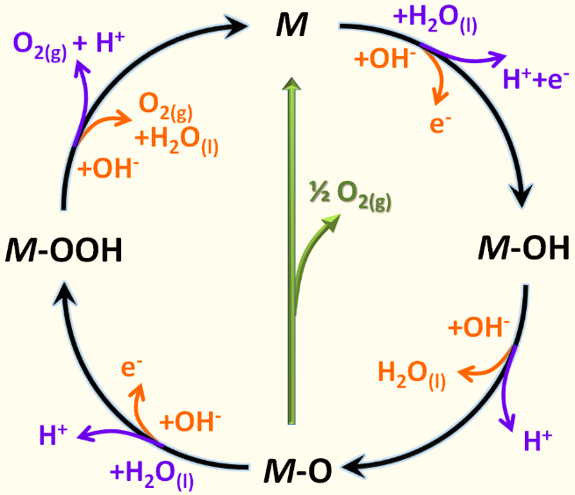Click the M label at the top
[292, 25]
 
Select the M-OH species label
[524, 247]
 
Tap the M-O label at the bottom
[298, 470]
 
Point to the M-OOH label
[63, 250]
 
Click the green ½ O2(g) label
[350, 193]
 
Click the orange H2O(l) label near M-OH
[412, 375]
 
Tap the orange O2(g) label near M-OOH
[166, 107]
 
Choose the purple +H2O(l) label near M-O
[152, 475]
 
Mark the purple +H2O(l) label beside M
[435, 20]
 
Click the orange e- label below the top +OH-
[440, 124]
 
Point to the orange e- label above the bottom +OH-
[132, 368]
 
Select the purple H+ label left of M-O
[54, 434]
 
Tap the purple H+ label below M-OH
[538, 440]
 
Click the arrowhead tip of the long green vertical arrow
[291, 77]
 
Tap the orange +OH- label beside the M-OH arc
[478, 326]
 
